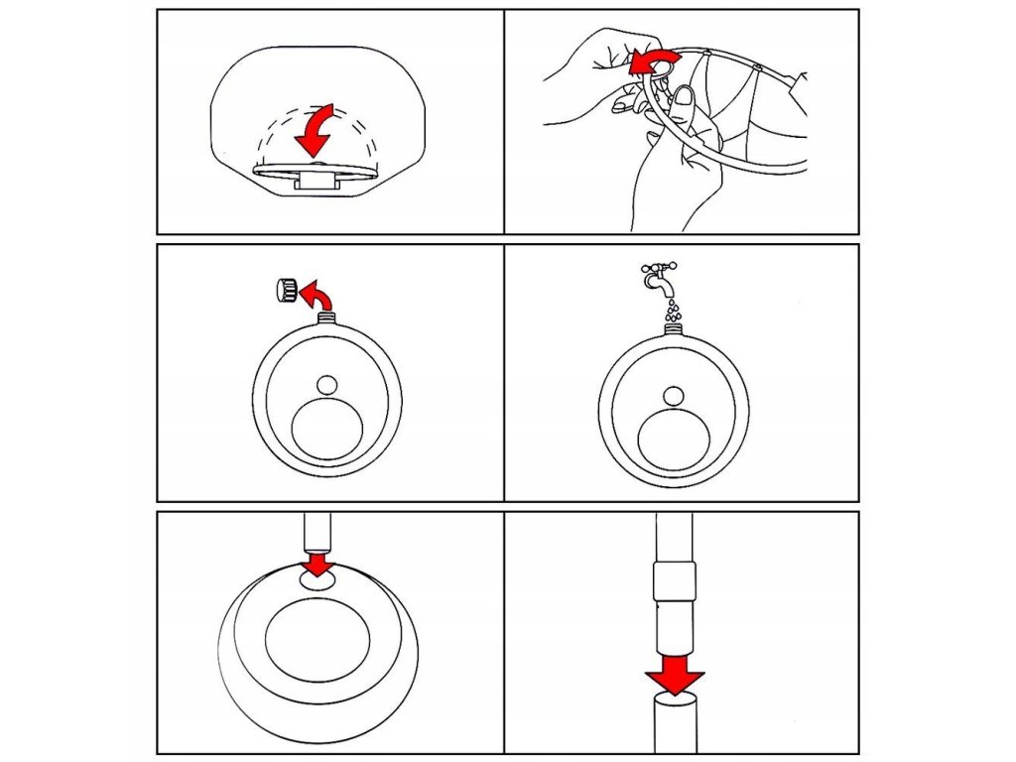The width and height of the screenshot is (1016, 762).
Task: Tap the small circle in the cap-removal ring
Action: click(326, 384)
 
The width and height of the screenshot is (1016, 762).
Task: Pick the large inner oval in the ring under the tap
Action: click(673, 440)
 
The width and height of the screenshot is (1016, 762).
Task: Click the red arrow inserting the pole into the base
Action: click(317, 565)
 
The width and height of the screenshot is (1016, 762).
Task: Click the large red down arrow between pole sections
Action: click(675, 675)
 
